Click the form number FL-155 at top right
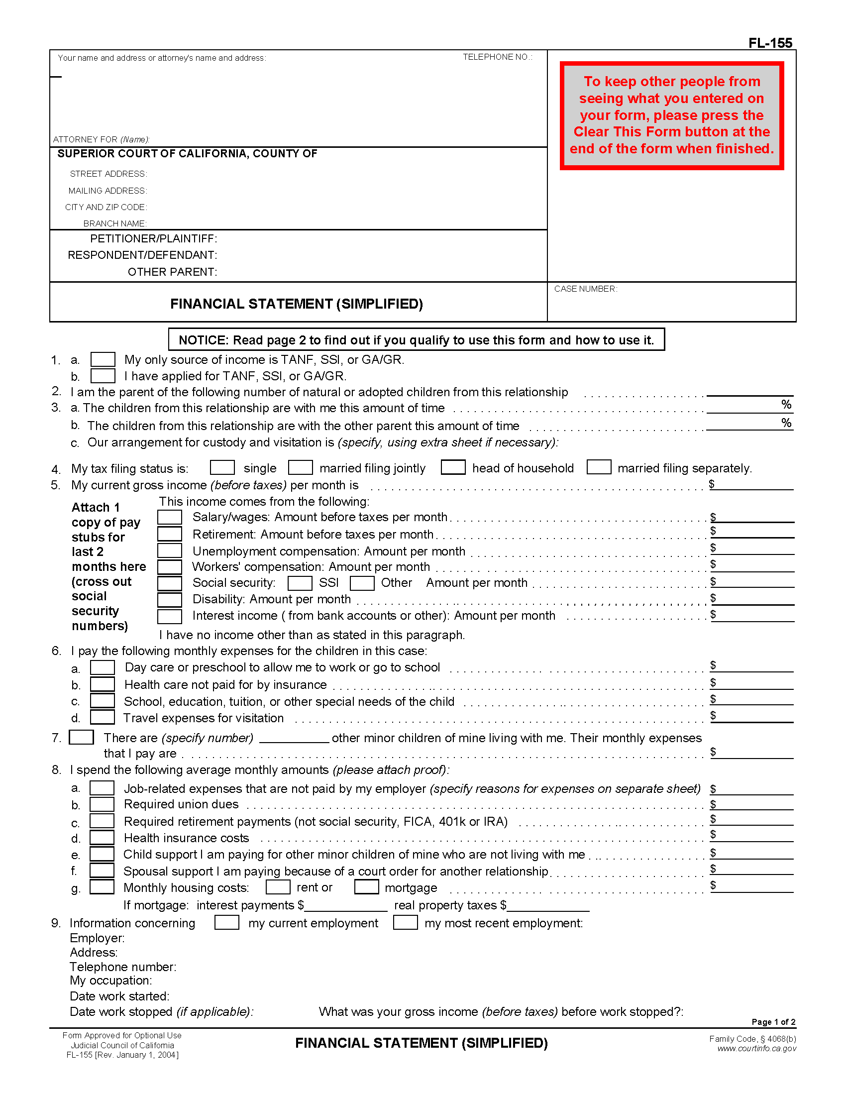[x=770, y=43]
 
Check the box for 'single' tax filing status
[x=222, y=467]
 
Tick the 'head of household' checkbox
[x=453, y=467]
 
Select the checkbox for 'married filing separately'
[x=599, y=467]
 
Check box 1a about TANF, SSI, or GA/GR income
[x=103, y=359]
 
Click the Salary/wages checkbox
[x=169, y=517]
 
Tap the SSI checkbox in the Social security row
[x=300, y=583]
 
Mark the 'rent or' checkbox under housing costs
[x=278, y=887]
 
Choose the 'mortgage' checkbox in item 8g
[x=366, y=887]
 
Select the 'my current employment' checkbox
[x=226, y=922]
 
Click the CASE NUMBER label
[x=585, y=289]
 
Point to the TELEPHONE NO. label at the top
[x=497, y=57]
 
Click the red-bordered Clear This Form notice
[x=672, y=115]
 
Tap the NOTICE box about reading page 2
[x=416, y=340]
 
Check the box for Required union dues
[x=102, y=804]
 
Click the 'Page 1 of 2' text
[x=773, y=1022]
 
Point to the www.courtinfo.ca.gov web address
[x=756, y=1048]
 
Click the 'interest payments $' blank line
[x=346, y=906]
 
